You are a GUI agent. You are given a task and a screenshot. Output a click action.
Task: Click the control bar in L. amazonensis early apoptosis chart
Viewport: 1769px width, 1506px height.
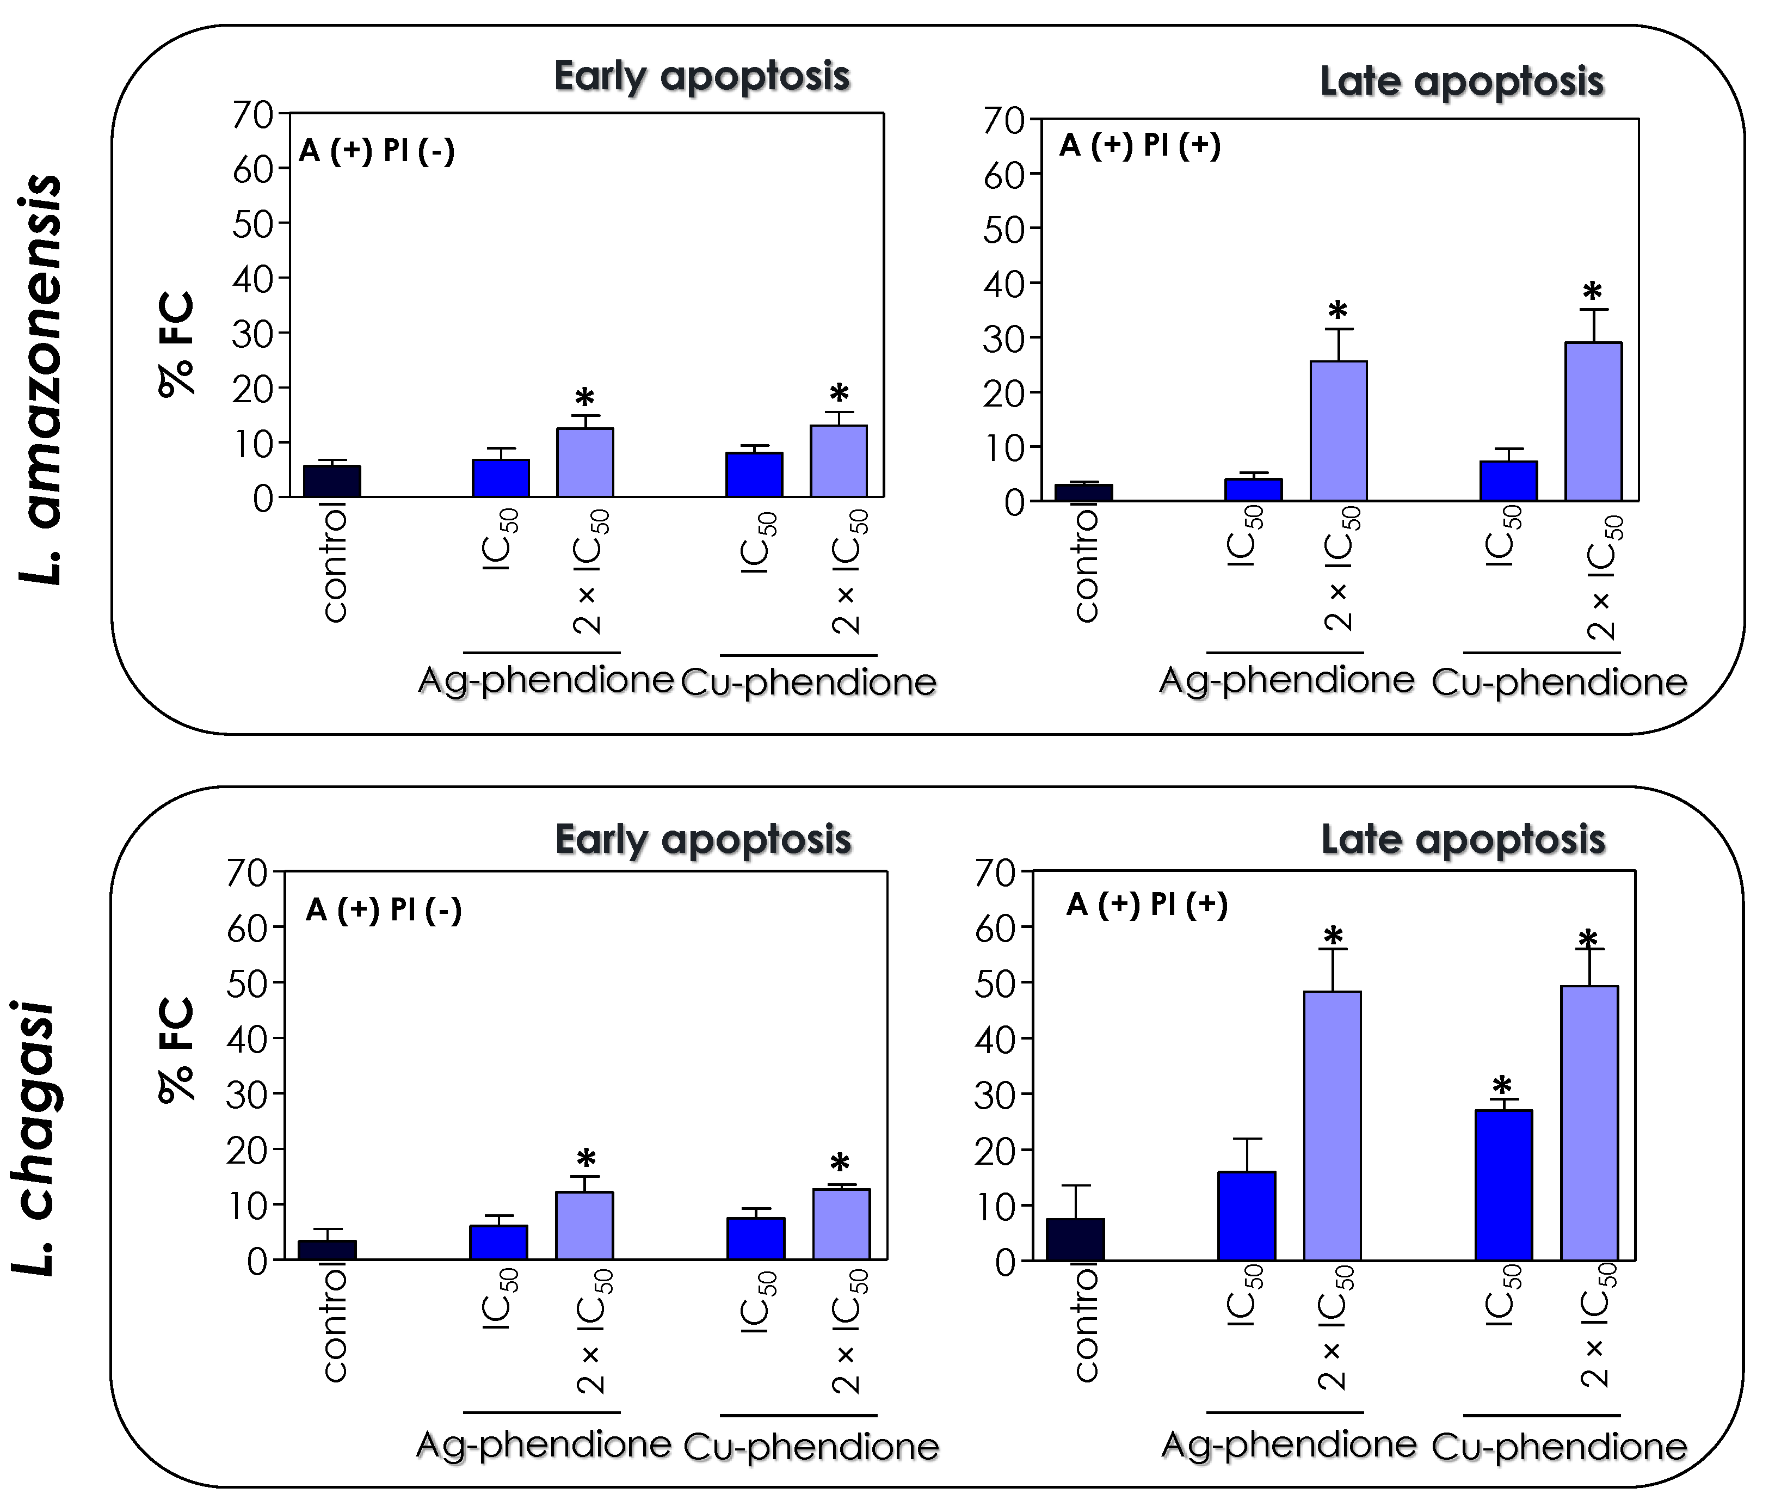[x=331, y=481]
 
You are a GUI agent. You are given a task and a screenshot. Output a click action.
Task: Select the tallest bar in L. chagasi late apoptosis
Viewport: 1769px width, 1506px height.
[x=1588, y=1123]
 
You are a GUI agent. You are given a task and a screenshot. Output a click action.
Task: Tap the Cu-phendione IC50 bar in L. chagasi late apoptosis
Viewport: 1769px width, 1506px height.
[x=1503, y=1185]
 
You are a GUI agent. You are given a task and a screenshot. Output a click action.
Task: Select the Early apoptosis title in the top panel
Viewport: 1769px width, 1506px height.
[x=701, y=77]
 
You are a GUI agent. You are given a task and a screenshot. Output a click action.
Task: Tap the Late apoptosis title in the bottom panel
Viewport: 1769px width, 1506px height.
[x=1463, y=840]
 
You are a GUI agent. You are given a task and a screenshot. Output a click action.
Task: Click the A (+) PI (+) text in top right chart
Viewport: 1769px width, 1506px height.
[x=1139, y=145]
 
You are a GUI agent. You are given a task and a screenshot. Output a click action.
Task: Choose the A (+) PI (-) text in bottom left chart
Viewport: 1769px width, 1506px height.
[x=383, y=909]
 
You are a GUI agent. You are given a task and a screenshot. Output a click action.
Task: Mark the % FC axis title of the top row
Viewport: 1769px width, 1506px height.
[x=177, y=344]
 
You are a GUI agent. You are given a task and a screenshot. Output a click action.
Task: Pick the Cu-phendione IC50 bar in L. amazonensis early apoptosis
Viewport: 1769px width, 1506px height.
[x=754, y=475]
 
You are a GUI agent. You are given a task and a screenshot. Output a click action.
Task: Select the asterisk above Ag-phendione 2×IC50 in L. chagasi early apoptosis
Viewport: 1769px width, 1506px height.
[x=585, y=1159]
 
